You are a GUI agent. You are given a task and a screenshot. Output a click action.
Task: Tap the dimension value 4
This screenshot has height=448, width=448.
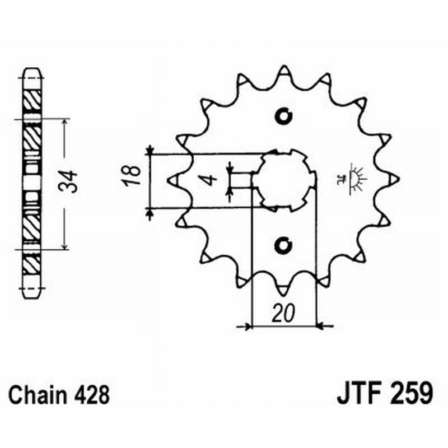pos(209,180)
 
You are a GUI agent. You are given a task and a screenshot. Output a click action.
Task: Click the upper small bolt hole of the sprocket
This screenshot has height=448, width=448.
pos(284,116)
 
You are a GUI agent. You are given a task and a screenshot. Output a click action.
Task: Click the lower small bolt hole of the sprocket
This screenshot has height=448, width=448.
pos(284,245)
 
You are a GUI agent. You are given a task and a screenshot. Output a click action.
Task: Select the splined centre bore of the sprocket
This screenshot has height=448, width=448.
pos(284,180)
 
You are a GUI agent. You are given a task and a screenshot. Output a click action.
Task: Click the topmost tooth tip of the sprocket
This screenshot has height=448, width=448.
pos(284,69)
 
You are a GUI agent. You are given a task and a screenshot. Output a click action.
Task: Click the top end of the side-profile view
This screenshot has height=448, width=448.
pos(31,71)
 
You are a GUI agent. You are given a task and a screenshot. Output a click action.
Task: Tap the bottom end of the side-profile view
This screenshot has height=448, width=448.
pos(31,292)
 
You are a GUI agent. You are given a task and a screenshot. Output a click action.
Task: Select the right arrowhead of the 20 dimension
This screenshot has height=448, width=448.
pos(323,325)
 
